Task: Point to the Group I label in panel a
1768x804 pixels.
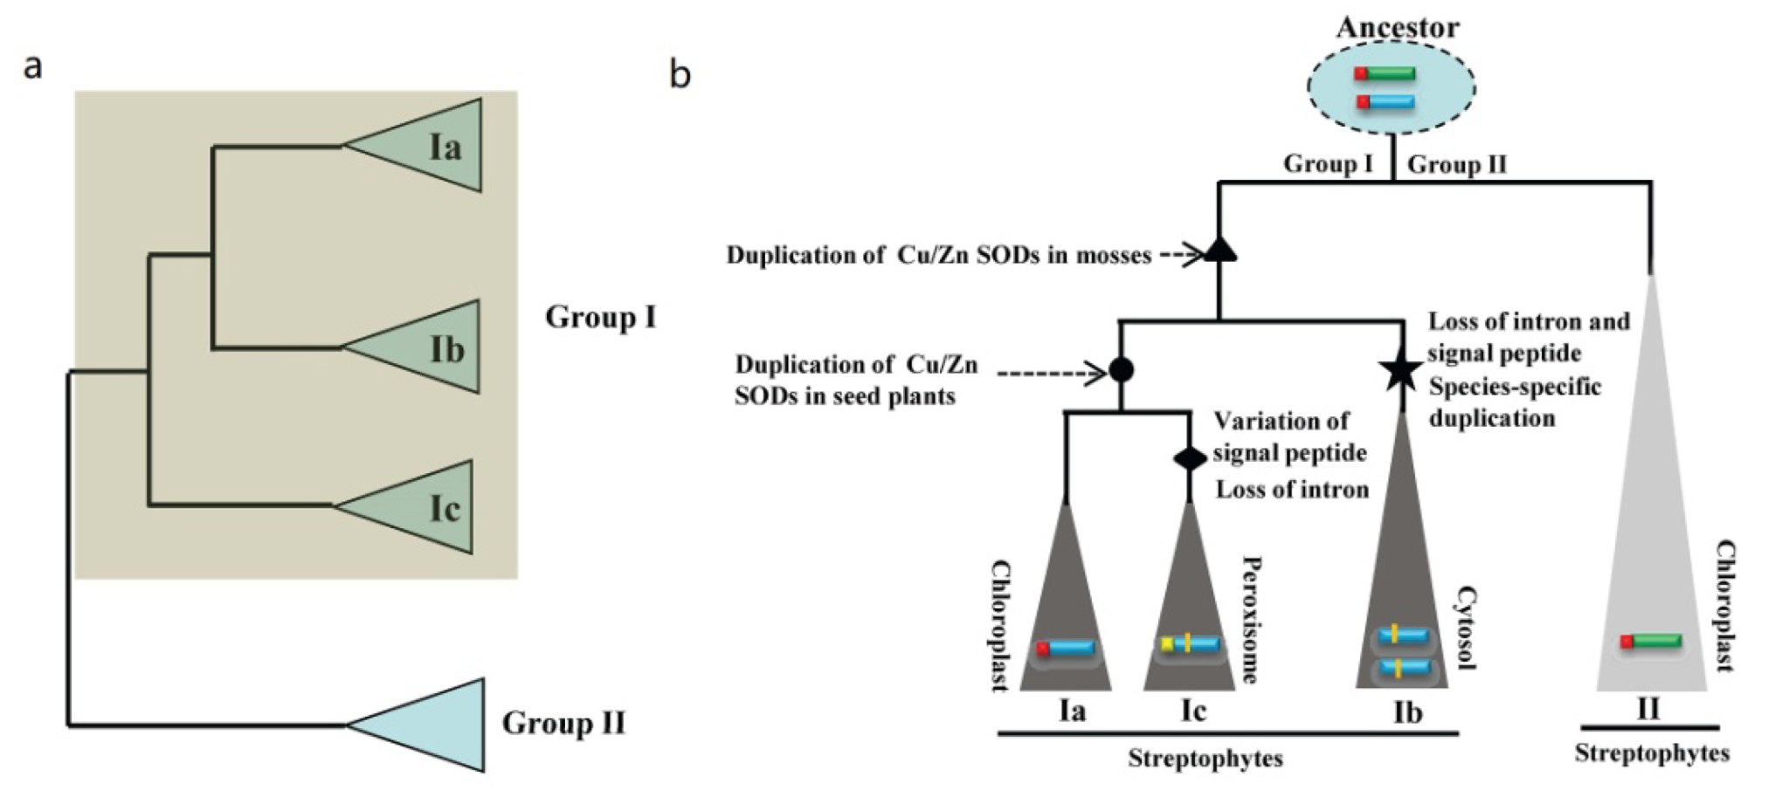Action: [600, 317]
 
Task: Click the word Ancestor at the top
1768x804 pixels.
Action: [1397, 27]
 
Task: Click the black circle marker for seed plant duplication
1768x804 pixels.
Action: [1121, 370]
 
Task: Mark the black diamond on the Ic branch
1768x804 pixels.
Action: [1189, 457]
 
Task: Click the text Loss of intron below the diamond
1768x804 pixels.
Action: [1292, 490]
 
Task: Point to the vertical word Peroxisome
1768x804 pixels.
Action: [1251, 619]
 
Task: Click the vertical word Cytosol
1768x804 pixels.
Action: [1465, 628]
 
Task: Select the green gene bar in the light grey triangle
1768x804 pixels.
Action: [1654, 642]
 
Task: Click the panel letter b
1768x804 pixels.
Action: [680, 74]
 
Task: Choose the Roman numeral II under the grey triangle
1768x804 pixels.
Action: [1647, 708]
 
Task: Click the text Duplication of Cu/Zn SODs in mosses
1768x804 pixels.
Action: [938, 255]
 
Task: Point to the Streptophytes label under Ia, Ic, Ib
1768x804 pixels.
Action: [1205, 758]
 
